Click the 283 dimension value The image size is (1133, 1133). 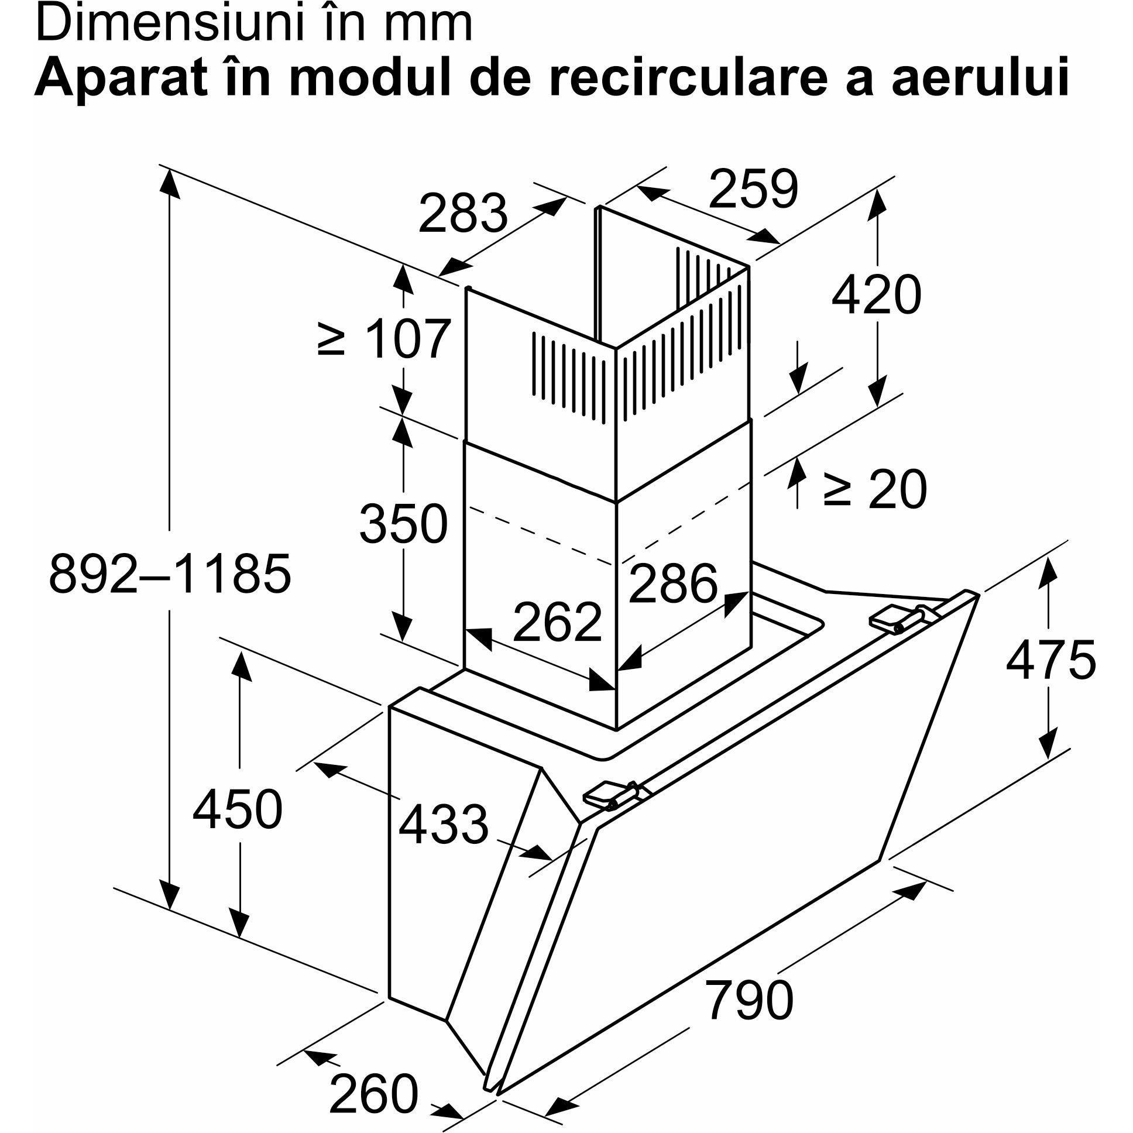point(463,213)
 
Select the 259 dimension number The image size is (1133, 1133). point(754,189)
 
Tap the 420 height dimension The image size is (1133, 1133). point(876,295)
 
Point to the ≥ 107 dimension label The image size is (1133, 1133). point(384,339)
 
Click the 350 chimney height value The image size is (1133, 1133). point(403,524)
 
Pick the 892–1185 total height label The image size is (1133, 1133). point(170,574)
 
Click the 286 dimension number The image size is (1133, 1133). point(672,583)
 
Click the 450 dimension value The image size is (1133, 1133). point(238,809)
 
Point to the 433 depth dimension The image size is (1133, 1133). point(444,825)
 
